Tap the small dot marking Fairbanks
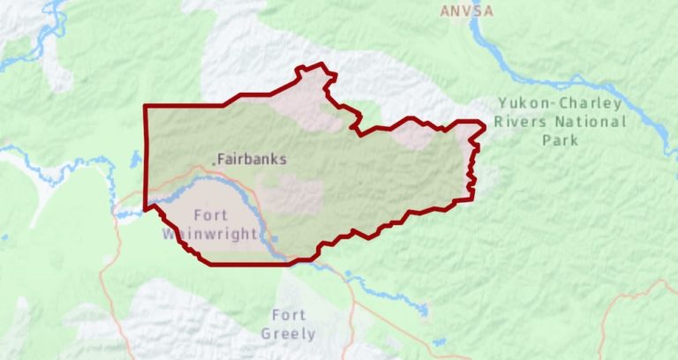214,161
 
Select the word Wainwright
210,234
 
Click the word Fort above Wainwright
210,215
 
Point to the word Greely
288,334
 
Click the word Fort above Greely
289,315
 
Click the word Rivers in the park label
520,122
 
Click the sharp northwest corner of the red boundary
146,107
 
